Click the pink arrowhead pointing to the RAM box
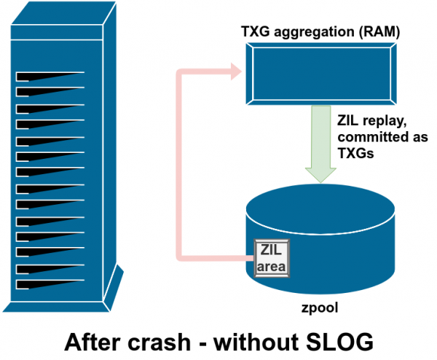point(235,71)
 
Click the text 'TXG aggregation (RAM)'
point(320,32)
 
